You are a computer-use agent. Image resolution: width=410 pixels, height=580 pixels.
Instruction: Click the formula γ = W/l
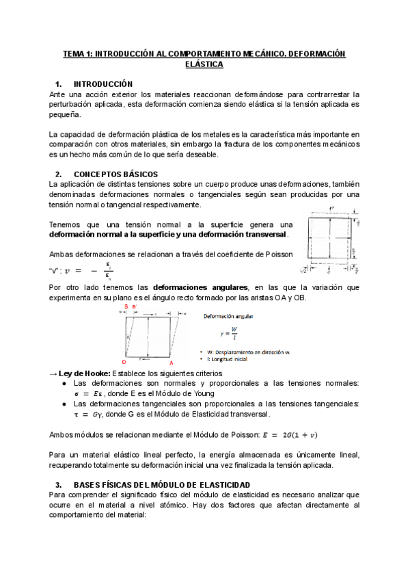(229, 334)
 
